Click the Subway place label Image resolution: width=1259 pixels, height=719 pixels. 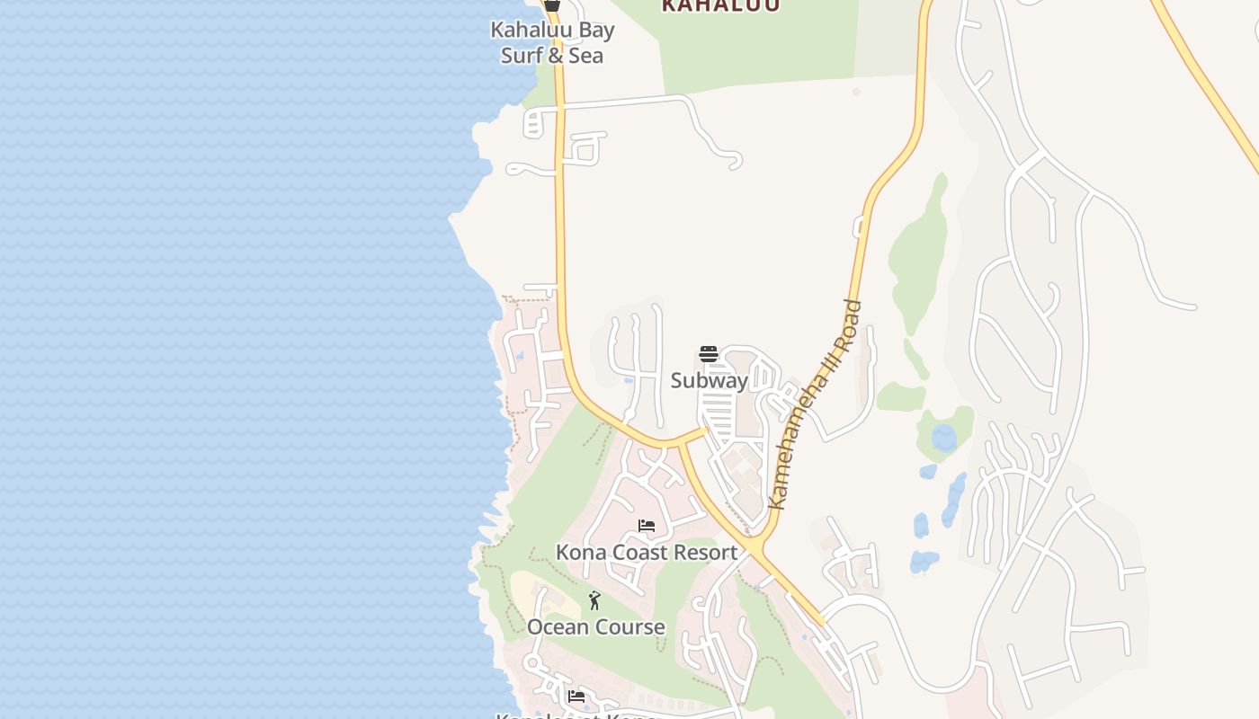(710, 380)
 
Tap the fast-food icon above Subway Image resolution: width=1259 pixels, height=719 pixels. (709, 354)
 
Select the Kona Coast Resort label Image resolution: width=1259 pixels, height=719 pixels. (646, 552)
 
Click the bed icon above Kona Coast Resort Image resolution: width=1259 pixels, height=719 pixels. (646, 527)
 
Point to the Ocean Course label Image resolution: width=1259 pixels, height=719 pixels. (595, 626)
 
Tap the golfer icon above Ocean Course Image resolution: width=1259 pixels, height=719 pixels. (594, 600)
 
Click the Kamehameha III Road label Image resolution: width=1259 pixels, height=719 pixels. (816, 404)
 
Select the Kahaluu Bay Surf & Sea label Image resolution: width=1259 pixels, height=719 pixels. (552, 42)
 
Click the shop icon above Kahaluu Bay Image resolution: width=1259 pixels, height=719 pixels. (552, 5)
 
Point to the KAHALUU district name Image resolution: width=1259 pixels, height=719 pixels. (720, 6)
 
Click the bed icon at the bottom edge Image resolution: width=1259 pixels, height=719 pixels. (576, 697)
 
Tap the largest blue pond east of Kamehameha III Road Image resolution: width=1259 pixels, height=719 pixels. (943, 439)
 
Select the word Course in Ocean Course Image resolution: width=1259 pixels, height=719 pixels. (633, 626)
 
